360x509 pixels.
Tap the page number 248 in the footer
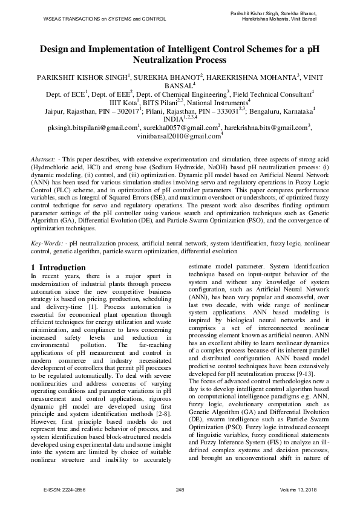[180, 488]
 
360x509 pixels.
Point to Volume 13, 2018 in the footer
[298, 488]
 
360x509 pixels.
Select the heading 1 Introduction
[58, 267]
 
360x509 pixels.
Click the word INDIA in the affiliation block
[172, 120]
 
